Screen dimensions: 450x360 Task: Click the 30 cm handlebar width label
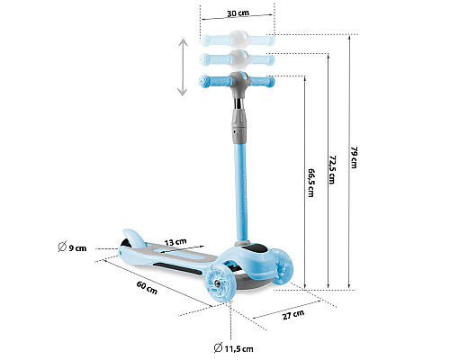(238, 13)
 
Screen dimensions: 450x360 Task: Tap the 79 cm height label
(354, 157)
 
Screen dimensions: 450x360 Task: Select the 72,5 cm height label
(332, 169)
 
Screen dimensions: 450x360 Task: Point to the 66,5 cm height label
(311, 183)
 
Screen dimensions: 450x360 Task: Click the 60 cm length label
(147, 287)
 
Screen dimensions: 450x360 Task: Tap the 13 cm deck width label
(175, 242)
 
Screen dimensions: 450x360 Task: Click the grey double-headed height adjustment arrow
(183, 67)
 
